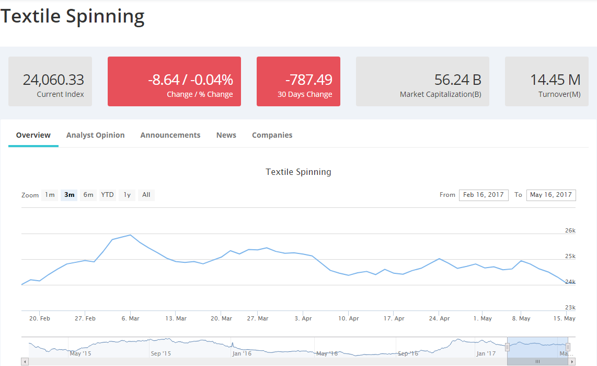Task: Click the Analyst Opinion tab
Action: (95, 135)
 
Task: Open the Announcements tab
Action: (170, 135)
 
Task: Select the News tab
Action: (226, 135)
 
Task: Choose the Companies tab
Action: (272, 135)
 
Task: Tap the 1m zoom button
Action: (50, 195)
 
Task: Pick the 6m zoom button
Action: (88, 195)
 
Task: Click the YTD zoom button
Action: (107, 195)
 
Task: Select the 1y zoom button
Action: (127, 195)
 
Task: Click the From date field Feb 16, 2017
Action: (483, 195)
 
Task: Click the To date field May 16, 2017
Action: (550, 195)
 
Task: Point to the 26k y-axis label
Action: (570, 230)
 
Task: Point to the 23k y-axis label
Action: (570, 307)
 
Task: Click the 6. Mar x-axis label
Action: (130, 318)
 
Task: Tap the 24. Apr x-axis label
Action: (439, 318)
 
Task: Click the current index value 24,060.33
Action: (53, 80)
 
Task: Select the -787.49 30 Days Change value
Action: (308, 80)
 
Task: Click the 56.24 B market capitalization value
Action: (457, 80)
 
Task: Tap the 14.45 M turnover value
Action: (555, 80)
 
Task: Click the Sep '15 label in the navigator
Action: (160, 353)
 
